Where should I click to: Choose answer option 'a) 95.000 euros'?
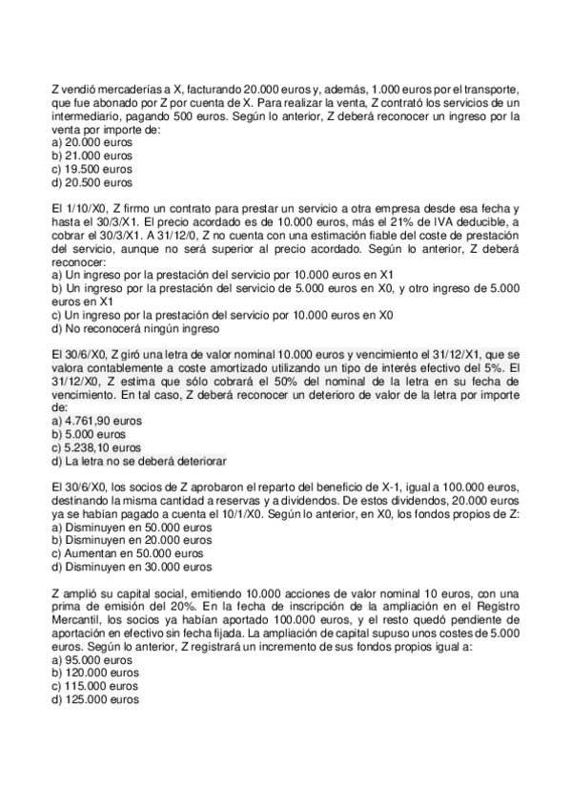[x=92, y=659]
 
